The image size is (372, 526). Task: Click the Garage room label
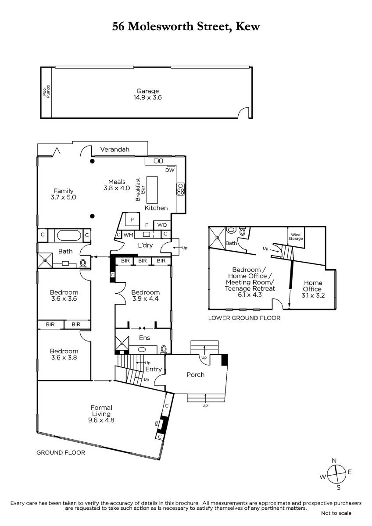(147, 91)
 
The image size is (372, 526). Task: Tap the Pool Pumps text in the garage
(46, 92)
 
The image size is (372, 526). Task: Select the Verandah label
(114, 149)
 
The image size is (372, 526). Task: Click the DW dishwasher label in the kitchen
(170, 170)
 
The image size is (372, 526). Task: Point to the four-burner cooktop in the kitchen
(180, 189)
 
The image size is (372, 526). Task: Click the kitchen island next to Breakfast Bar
(152, 190)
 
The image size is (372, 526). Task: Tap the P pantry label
(132, 220)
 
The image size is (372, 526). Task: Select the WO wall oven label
(162, 225)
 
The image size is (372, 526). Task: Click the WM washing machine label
(128, 235)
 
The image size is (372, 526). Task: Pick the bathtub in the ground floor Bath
(69, 235)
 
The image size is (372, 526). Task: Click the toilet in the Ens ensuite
(164, 349)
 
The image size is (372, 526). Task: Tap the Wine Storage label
(296, 236)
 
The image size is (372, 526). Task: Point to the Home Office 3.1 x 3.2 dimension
(313, 295)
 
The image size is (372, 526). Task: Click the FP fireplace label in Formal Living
(157, 424)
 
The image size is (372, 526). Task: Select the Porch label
(195, 374)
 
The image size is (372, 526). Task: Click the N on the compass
(334, 461)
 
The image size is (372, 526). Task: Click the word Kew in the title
(248, 27)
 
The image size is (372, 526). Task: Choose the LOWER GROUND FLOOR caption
(244, 318)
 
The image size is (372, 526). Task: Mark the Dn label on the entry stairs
(147, 379)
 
